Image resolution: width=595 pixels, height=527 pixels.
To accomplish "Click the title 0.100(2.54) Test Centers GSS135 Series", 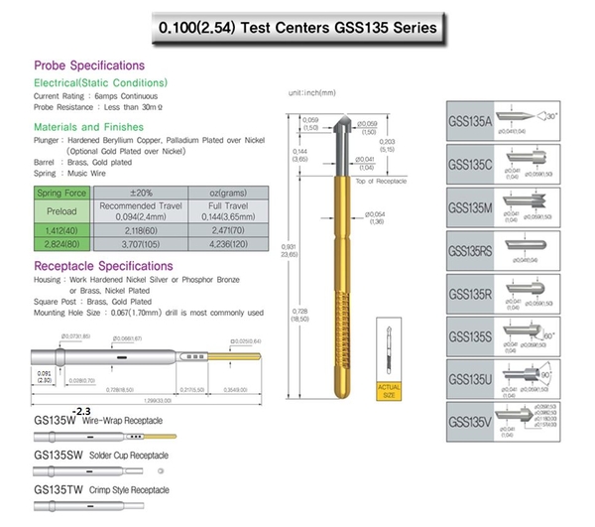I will coord(297,28).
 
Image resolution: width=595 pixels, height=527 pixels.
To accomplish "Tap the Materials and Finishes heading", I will coord(89,127).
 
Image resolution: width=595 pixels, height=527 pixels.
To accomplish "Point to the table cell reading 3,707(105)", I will coord(139,241).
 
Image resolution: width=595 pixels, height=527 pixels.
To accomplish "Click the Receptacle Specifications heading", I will coord(105,266).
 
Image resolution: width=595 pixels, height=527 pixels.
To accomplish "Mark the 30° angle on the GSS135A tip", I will coord(576,116).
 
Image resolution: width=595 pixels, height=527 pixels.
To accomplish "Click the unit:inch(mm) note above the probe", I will coord(310,92).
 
